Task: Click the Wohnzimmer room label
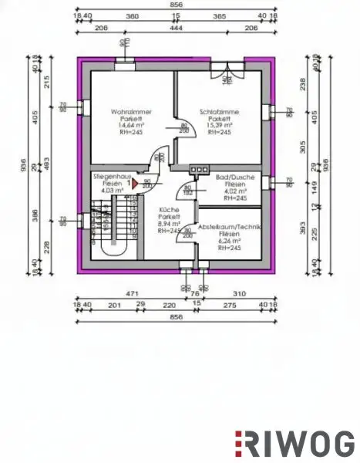(131, 113)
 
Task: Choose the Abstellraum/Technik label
(230, 227)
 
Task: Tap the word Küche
(170, 211)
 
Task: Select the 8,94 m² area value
(170, 224)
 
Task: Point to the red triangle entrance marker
(133, 184)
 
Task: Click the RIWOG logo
(294, 443)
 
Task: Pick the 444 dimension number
(176, 28)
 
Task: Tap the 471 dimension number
(132, 294)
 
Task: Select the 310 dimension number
(240, 294)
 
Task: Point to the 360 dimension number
(133, 15)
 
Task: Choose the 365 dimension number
(219, 15)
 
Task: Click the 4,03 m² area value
(106, 191)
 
